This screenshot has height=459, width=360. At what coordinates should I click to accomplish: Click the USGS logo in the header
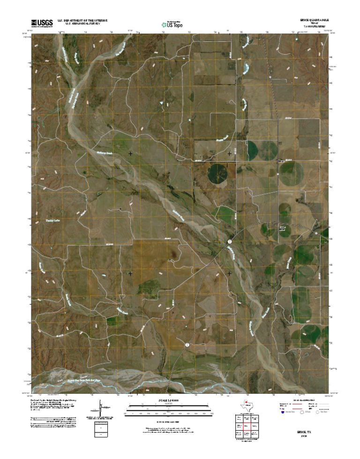(42, 23)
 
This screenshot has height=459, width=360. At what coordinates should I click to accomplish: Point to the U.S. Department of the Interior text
(83, 21)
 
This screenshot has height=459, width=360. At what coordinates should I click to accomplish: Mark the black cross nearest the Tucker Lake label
(130, 273)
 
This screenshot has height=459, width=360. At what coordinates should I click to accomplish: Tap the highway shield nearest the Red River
(187, 345)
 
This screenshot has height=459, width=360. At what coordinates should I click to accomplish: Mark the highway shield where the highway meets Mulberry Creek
(230, 241)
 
